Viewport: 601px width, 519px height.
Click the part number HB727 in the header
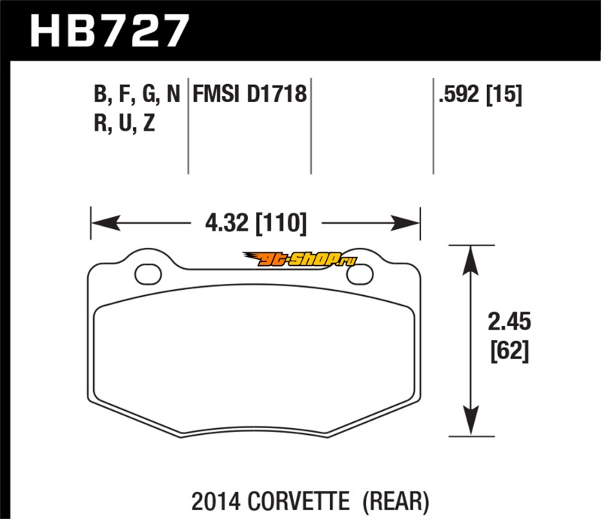coord(110,31)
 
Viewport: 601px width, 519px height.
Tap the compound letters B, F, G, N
coord(137,95)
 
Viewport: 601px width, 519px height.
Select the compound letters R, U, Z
coord(124,123)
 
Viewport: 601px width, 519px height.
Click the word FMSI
coord(216,94)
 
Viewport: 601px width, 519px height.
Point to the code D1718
coord(276,94)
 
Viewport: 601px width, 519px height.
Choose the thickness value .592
coord(459,94)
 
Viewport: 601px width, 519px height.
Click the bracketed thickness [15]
coord(504,95)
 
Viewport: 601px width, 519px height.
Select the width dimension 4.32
coord(227,223)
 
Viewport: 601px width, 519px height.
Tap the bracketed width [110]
coord(281,224)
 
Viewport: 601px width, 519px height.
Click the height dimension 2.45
coord(509,321)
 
